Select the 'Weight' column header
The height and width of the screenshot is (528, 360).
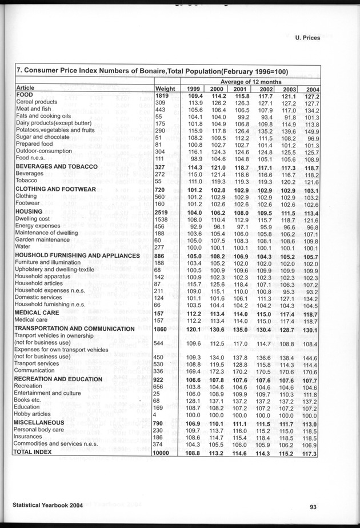click(165, 88)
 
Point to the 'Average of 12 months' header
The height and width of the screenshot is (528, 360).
click(252, 81)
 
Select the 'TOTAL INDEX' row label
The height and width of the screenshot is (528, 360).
click(33, 451)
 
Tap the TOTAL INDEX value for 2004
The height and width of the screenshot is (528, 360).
click(310, 452)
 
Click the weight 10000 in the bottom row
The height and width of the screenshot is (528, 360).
click(165, 451)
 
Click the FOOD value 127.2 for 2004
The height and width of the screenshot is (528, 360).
click(310, 95)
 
